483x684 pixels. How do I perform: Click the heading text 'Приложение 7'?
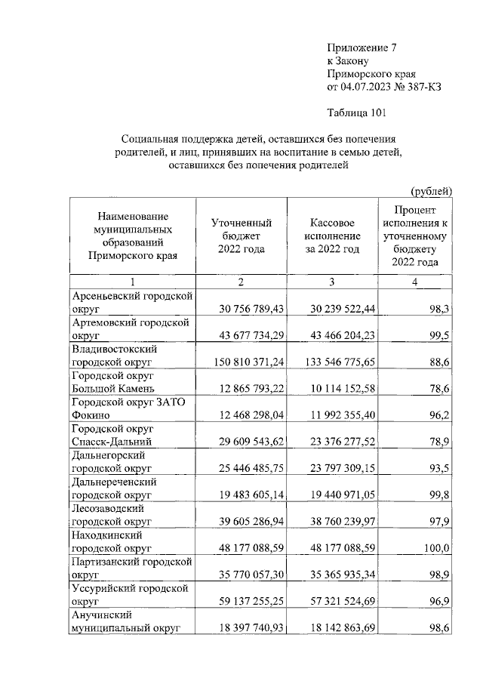pyautogui.click(x=361, y=48)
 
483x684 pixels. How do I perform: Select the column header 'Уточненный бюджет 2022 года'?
pyautogui.click(x=241, y=236)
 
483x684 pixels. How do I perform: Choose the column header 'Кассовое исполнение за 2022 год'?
pyautogui.click(x=333, y=236)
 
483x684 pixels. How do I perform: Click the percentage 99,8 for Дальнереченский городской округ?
pyautogui.click(x=438, y=495)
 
